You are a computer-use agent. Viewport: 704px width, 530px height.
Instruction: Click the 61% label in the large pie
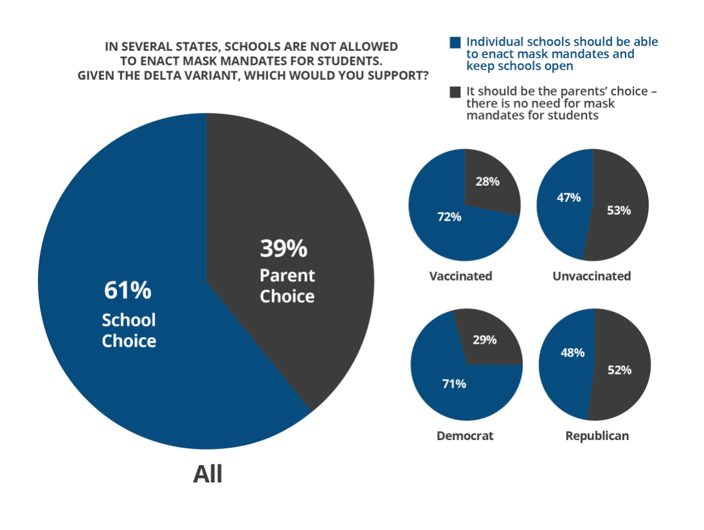tap(127, 290)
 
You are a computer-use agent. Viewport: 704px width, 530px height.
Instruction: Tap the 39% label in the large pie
tap(284, 248)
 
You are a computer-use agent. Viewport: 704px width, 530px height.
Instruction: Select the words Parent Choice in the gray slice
tap(287, 286)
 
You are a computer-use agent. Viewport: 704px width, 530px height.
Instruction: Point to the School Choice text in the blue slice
tap(129, 330)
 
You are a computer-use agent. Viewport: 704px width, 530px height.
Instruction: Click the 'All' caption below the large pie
tap(208, 474)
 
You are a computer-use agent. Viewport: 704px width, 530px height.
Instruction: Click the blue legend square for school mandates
tap(455, 42)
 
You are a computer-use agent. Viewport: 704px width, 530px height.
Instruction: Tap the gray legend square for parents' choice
tap(455, 92)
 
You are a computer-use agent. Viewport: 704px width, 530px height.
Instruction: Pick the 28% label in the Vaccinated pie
tap(487, 181)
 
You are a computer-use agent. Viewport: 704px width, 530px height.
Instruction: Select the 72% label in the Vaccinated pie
tap(449, 217)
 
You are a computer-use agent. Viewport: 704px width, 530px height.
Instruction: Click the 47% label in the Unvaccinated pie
tap(568, 197)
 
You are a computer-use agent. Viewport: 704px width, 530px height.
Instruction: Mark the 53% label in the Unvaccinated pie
tap(618, 210)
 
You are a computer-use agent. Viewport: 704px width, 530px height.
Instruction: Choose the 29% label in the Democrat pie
tap(484, 340)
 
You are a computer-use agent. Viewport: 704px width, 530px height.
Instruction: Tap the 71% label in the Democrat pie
tap(454, 384)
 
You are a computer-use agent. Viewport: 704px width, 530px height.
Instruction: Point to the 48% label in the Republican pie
tap(572, 352)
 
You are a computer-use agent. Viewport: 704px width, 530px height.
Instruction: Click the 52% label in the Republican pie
tap(619, 370)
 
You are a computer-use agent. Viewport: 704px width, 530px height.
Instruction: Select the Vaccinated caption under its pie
tap(460, 276)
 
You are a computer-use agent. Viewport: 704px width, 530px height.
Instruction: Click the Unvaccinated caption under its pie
tap(591, 276)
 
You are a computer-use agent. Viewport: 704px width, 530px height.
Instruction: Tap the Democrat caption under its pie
tap(465, 435)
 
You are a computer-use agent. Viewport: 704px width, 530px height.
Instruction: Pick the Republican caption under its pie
tap(597, 435)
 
